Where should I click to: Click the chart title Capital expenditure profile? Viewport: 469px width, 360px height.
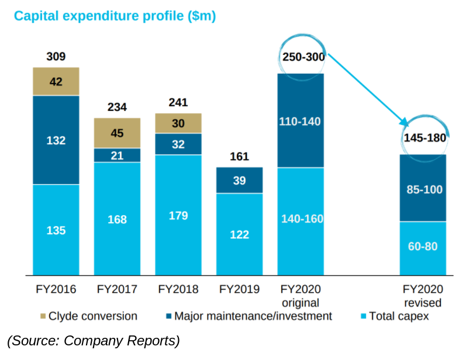click(x=115, y=16)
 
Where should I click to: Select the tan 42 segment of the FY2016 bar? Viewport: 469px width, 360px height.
click(x=56, y=82)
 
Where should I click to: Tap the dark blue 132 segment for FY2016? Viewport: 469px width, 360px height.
click(x=56, y=140)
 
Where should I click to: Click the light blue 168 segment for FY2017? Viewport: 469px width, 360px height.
click(x=117, y=219)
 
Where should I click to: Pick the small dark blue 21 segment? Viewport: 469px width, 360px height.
click(x=117, y=155)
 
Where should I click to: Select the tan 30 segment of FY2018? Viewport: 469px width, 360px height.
click(x=178, y=123)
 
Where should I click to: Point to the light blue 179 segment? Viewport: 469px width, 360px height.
click(x=178, y=215)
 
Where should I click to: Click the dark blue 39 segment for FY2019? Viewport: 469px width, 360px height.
click(x=239, y=181)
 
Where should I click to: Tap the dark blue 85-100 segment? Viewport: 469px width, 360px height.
click(x=423, y=189)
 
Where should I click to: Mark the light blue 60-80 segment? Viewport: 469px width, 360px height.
click(x=423, y=247)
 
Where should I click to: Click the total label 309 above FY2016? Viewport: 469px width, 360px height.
click(x=56, y=57)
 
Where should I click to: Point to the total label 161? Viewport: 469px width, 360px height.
click(x=239, y=157)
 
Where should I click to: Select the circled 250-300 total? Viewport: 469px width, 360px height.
click(x=302, y=56)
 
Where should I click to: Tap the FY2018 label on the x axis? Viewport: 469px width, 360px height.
click(x=178, y=289)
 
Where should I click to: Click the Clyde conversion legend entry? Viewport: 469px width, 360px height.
click(x=88, y=316)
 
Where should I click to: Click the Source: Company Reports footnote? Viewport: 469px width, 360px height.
click(x=94, y=340)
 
